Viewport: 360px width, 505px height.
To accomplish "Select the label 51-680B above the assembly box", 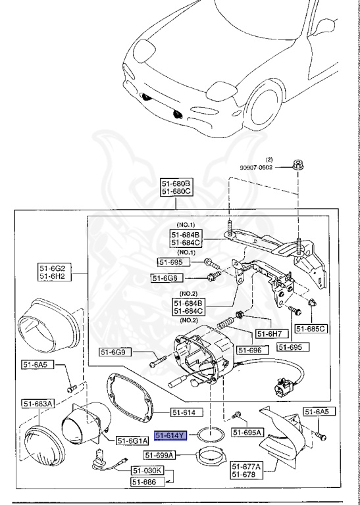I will coord(176,183).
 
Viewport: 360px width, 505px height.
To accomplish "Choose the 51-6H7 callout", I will coord(269,333).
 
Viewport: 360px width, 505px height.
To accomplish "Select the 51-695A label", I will coord(247,433).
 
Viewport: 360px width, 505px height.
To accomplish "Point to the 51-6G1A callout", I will coord(134,440).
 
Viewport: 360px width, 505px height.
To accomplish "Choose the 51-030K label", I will coord(146,471).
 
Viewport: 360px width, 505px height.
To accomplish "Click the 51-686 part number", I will coord(146,482).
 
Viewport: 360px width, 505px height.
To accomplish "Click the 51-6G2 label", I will coord(55,268).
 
